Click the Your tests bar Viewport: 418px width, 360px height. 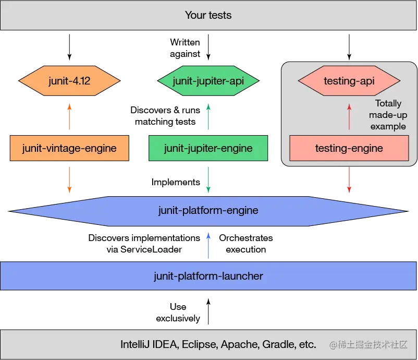coord(208,15)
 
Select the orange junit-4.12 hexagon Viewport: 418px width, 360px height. coord(69,81)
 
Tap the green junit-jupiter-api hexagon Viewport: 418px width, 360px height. coord(208,81)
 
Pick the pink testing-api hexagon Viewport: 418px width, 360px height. coord(349,81)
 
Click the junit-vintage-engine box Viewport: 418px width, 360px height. coord(69,148)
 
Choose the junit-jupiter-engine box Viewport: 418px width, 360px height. coord(208,148)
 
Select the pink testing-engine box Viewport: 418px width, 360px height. coord(349,148)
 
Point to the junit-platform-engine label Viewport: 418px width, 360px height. coord(208,211)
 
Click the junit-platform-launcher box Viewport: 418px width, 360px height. coord(208,275)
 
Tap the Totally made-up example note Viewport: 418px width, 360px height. coord(388,115)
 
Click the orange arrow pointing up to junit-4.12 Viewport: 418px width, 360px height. coord(69,118)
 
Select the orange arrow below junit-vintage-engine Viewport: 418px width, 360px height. coord(69,178)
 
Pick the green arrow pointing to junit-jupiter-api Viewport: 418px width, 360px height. coord(208,118)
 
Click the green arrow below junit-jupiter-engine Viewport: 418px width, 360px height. coord(208,179)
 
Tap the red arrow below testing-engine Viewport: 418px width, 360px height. coord(349,181)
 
